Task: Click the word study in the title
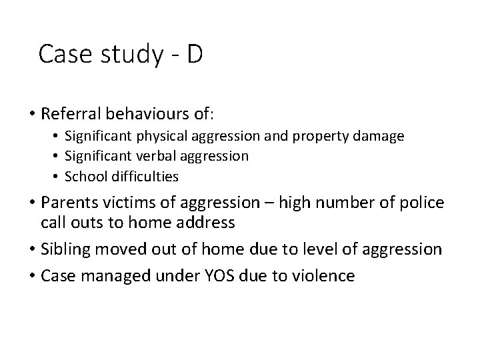(130, 55)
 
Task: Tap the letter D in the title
(194, 53)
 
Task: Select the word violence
(323, 275)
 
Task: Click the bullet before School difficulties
(70, 176)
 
